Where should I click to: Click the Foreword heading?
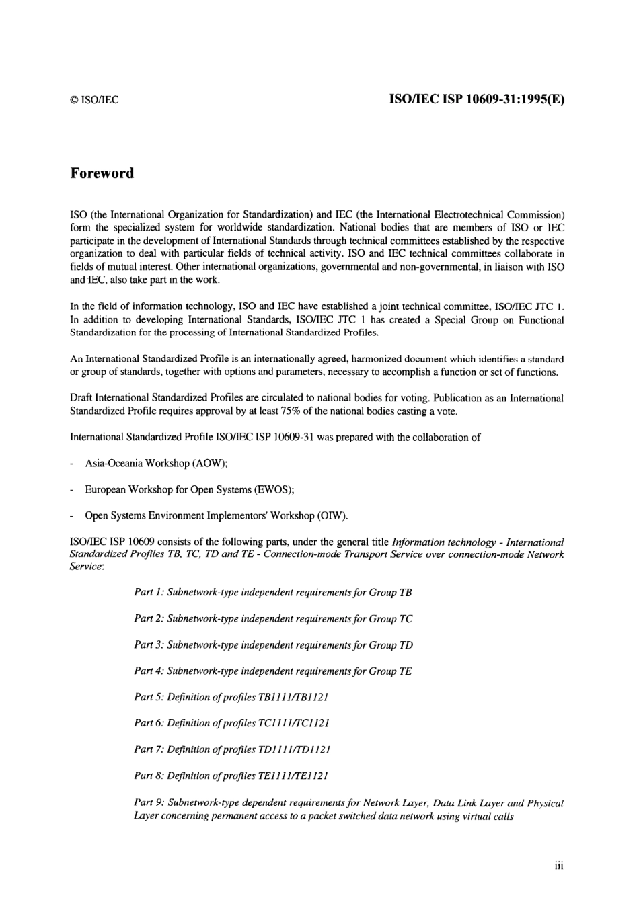(x=102, y=173)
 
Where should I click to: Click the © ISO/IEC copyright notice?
(x=94, y=101)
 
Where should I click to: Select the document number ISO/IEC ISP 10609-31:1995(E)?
(x=477, y=99)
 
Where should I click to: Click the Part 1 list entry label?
(x=149, y=593)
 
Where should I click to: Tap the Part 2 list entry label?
(x=149, y=619)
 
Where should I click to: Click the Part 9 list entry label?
(x=149, y=803)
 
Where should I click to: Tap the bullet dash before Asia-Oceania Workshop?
(x=72, y=464)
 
